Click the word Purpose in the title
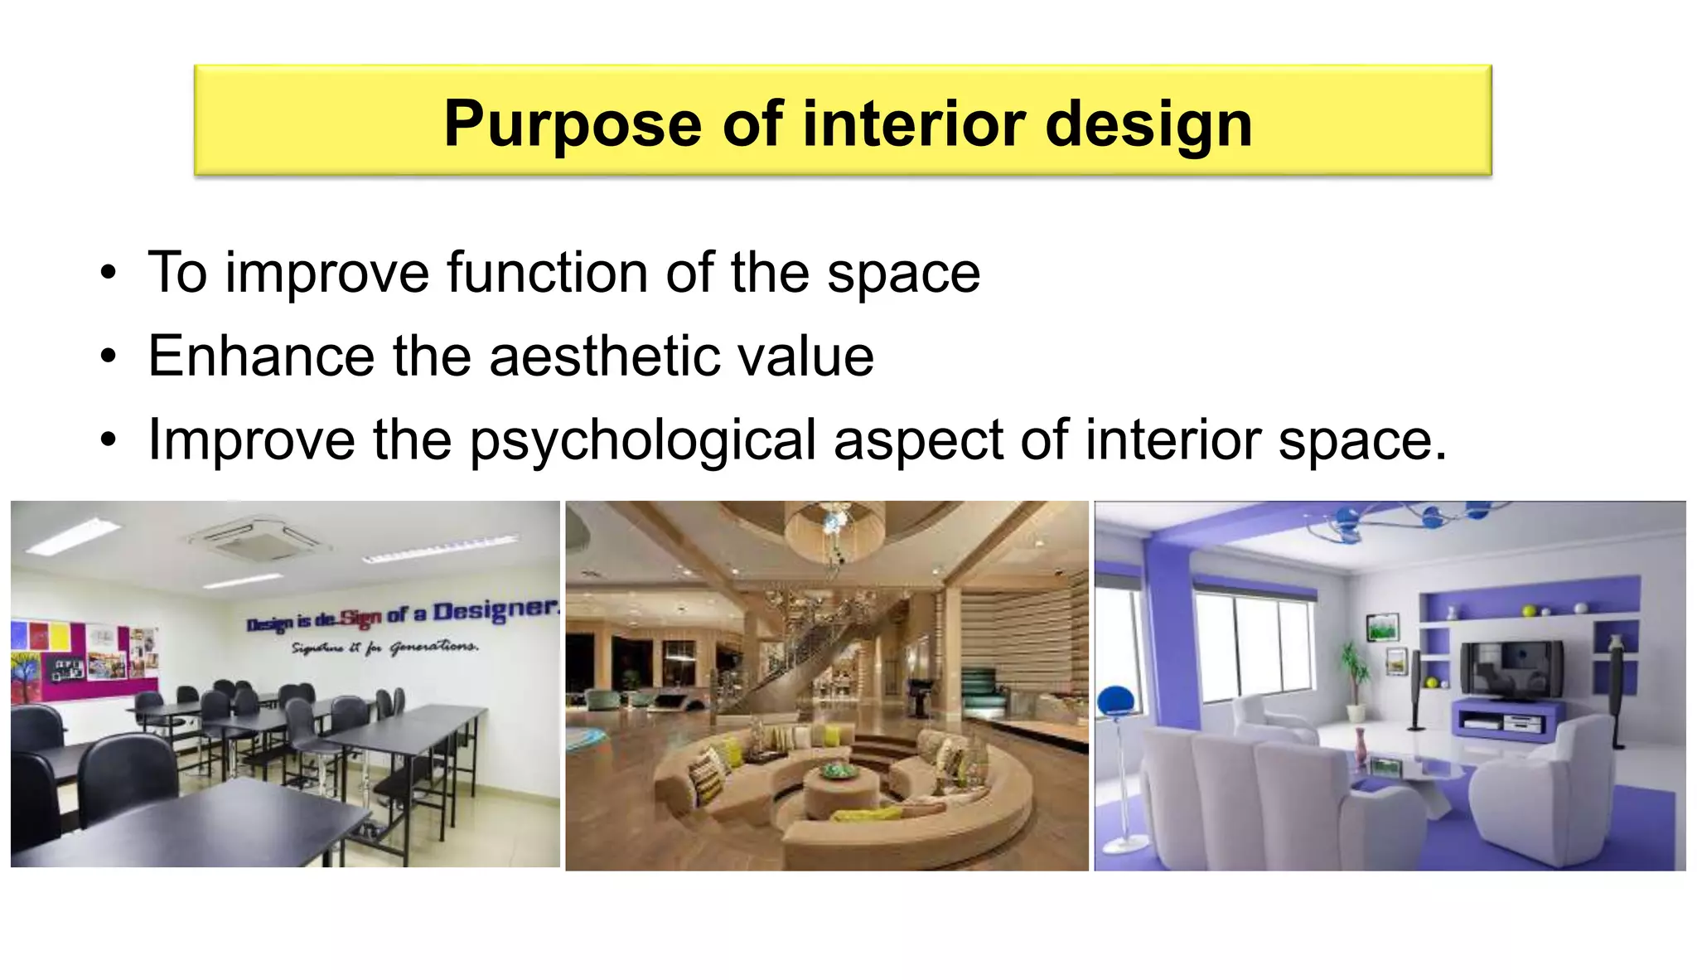point(573,124)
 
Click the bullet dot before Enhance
point(109,357)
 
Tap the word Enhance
point(261,357)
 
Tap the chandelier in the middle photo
point(834,531)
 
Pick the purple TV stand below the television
point(1506,718)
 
